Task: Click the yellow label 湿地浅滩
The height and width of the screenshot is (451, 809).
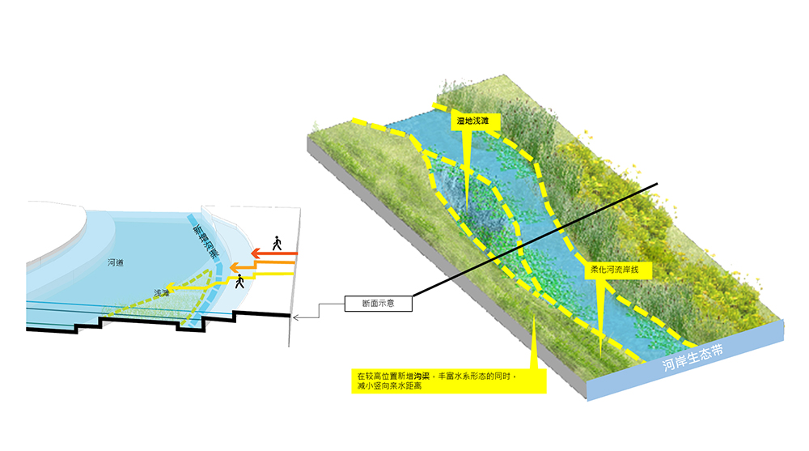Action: pyautogui.click(x=473, y=121)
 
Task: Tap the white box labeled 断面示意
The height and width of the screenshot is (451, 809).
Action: pyautogui.click(x=379, y=304)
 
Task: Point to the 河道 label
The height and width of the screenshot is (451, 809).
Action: pyautogui.click(x=115, y=263)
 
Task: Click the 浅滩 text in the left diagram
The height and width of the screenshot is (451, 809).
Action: pyautogui.click(x=162, y=292)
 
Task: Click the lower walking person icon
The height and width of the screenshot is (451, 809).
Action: pyautogui.click(x=239, y=282)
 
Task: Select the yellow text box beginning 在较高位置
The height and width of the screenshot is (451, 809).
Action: pyautogui.click(x=450, y=381)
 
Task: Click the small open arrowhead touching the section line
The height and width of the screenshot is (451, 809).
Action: pyautogui.click(x=295, y=317)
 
